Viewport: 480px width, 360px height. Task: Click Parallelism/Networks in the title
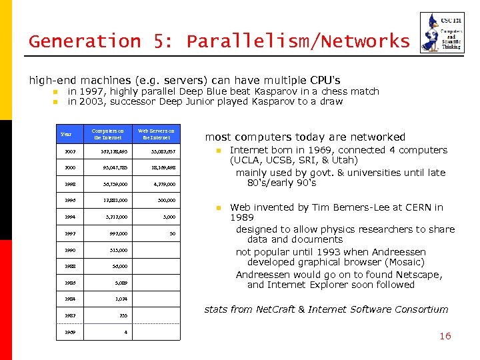[298, 41]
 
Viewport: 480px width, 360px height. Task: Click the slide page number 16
[445, 336]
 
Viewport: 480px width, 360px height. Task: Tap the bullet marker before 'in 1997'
[55, 92]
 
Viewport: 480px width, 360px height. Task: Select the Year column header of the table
[66, 134]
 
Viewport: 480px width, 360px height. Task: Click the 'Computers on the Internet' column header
[107, 134]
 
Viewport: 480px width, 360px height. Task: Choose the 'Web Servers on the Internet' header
[155, 134]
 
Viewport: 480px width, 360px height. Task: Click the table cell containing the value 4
[125, 331]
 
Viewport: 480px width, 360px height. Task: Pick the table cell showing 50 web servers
[171, 233]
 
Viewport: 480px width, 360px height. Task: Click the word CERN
[415, 207]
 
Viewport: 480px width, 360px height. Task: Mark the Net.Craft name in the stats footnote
[277, 309]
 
